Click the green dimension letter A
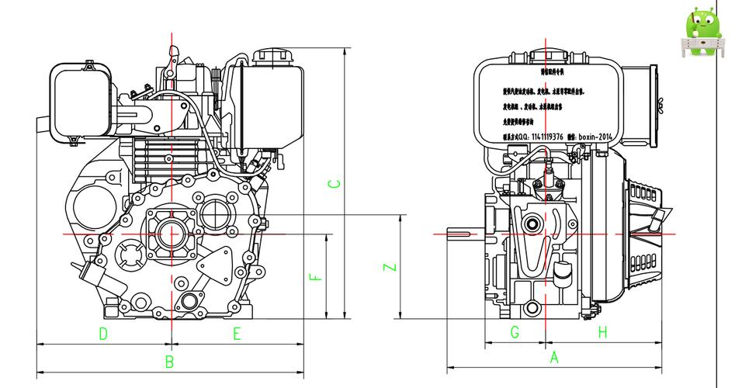[x=554, y=358]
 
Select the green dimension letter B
[x=169, y=362]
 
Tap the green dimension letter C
[x=333, y=184]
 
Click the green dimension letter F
[x=314, y=277]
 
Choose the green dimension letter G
[x=515, y=332]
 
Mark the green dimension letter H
[x=602, y=332]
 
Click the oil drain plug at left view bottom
[x=188, y=302]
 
